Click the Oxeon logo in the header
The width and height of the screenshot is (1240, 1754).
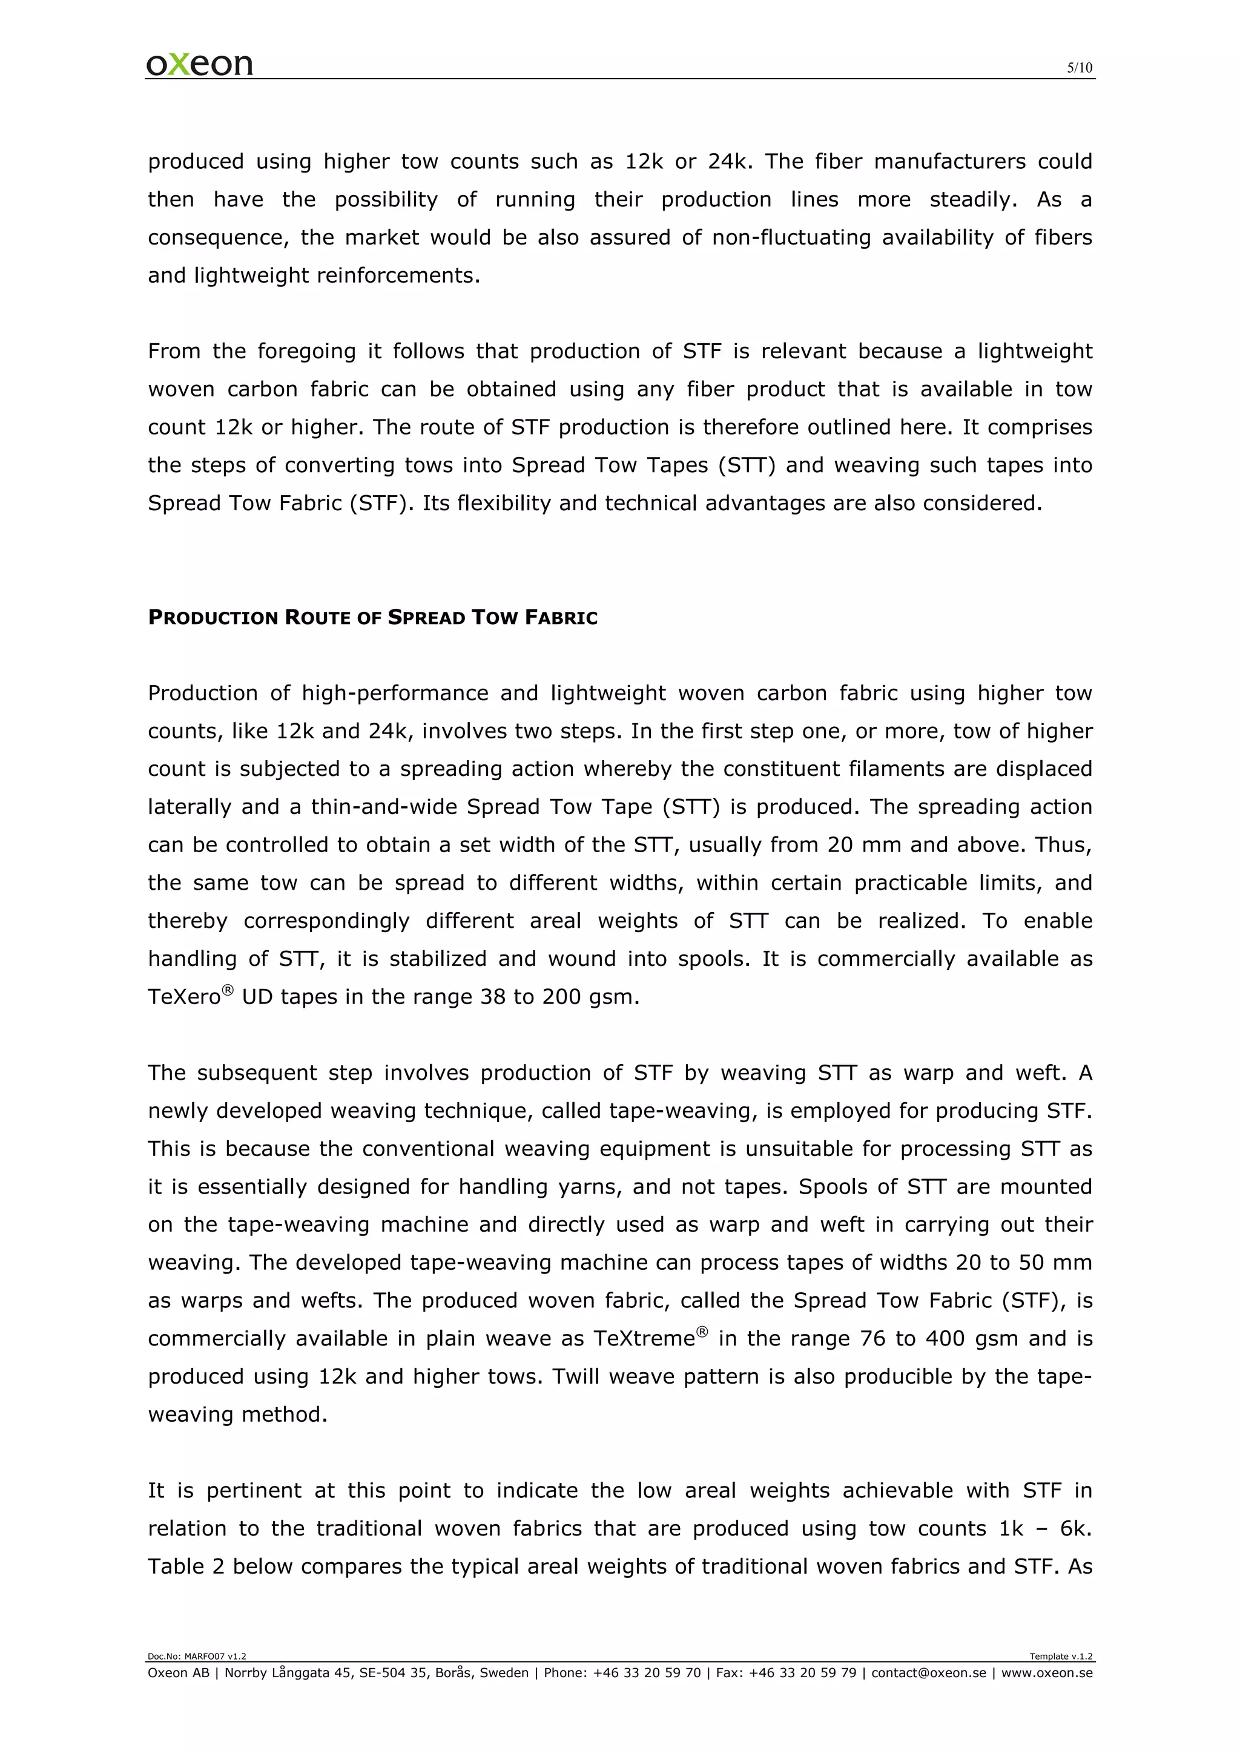(199, 64)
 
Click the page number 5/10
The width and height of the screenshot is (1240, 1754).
(1079, 68)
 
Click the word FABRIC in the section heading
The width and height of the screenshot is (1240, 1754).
(560, 617)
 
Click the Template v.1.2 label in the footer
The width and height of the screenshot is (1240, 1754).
(1060, 1656)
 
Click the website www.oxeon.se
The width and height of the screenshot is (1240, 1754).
(1047, 1673)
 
